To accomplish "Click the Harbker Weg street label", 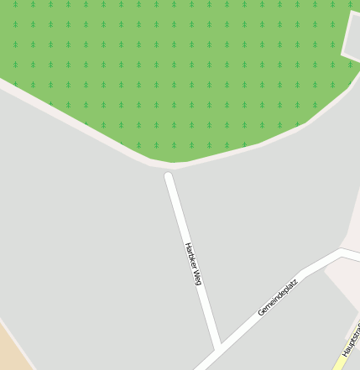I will point(193,264).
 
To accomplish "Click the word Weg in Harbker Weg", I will point(197,278).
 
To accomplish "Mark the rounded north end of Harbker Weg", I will point(169,177).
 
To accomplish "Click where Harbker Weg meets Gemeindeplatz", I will point(217,347).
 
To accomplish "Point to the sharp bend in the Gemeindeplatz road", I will point(342,250).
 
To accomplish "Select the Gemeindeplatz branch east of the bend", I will point(352,253).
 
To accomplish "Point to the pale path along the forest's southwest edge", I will point(67,117).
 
